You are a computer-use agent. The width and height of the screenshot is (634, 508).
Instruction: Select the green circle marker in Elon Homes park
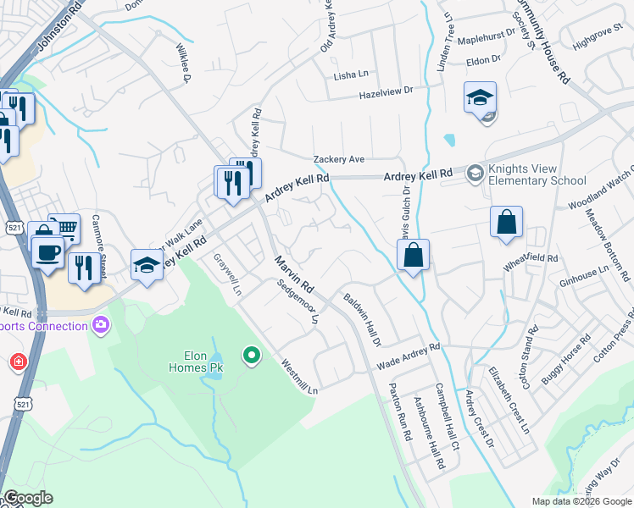tap(251, 356)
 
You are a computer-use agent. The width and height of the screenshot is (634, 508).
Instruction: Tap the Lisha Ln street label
tap(351, 75)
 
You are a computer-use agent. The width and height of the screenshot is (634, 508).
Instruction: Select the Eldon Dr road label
tap(484, 61)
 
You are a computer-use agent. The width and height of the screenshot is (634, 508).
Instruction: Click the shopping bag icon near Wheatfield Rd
tap(506, 224)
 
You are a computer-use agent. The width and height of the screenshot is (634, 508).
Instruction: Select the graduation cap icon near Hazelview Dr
tap(480, 98)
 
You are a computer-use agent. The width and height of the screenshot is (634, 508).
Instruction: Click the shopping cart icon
tap(64, 228)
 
